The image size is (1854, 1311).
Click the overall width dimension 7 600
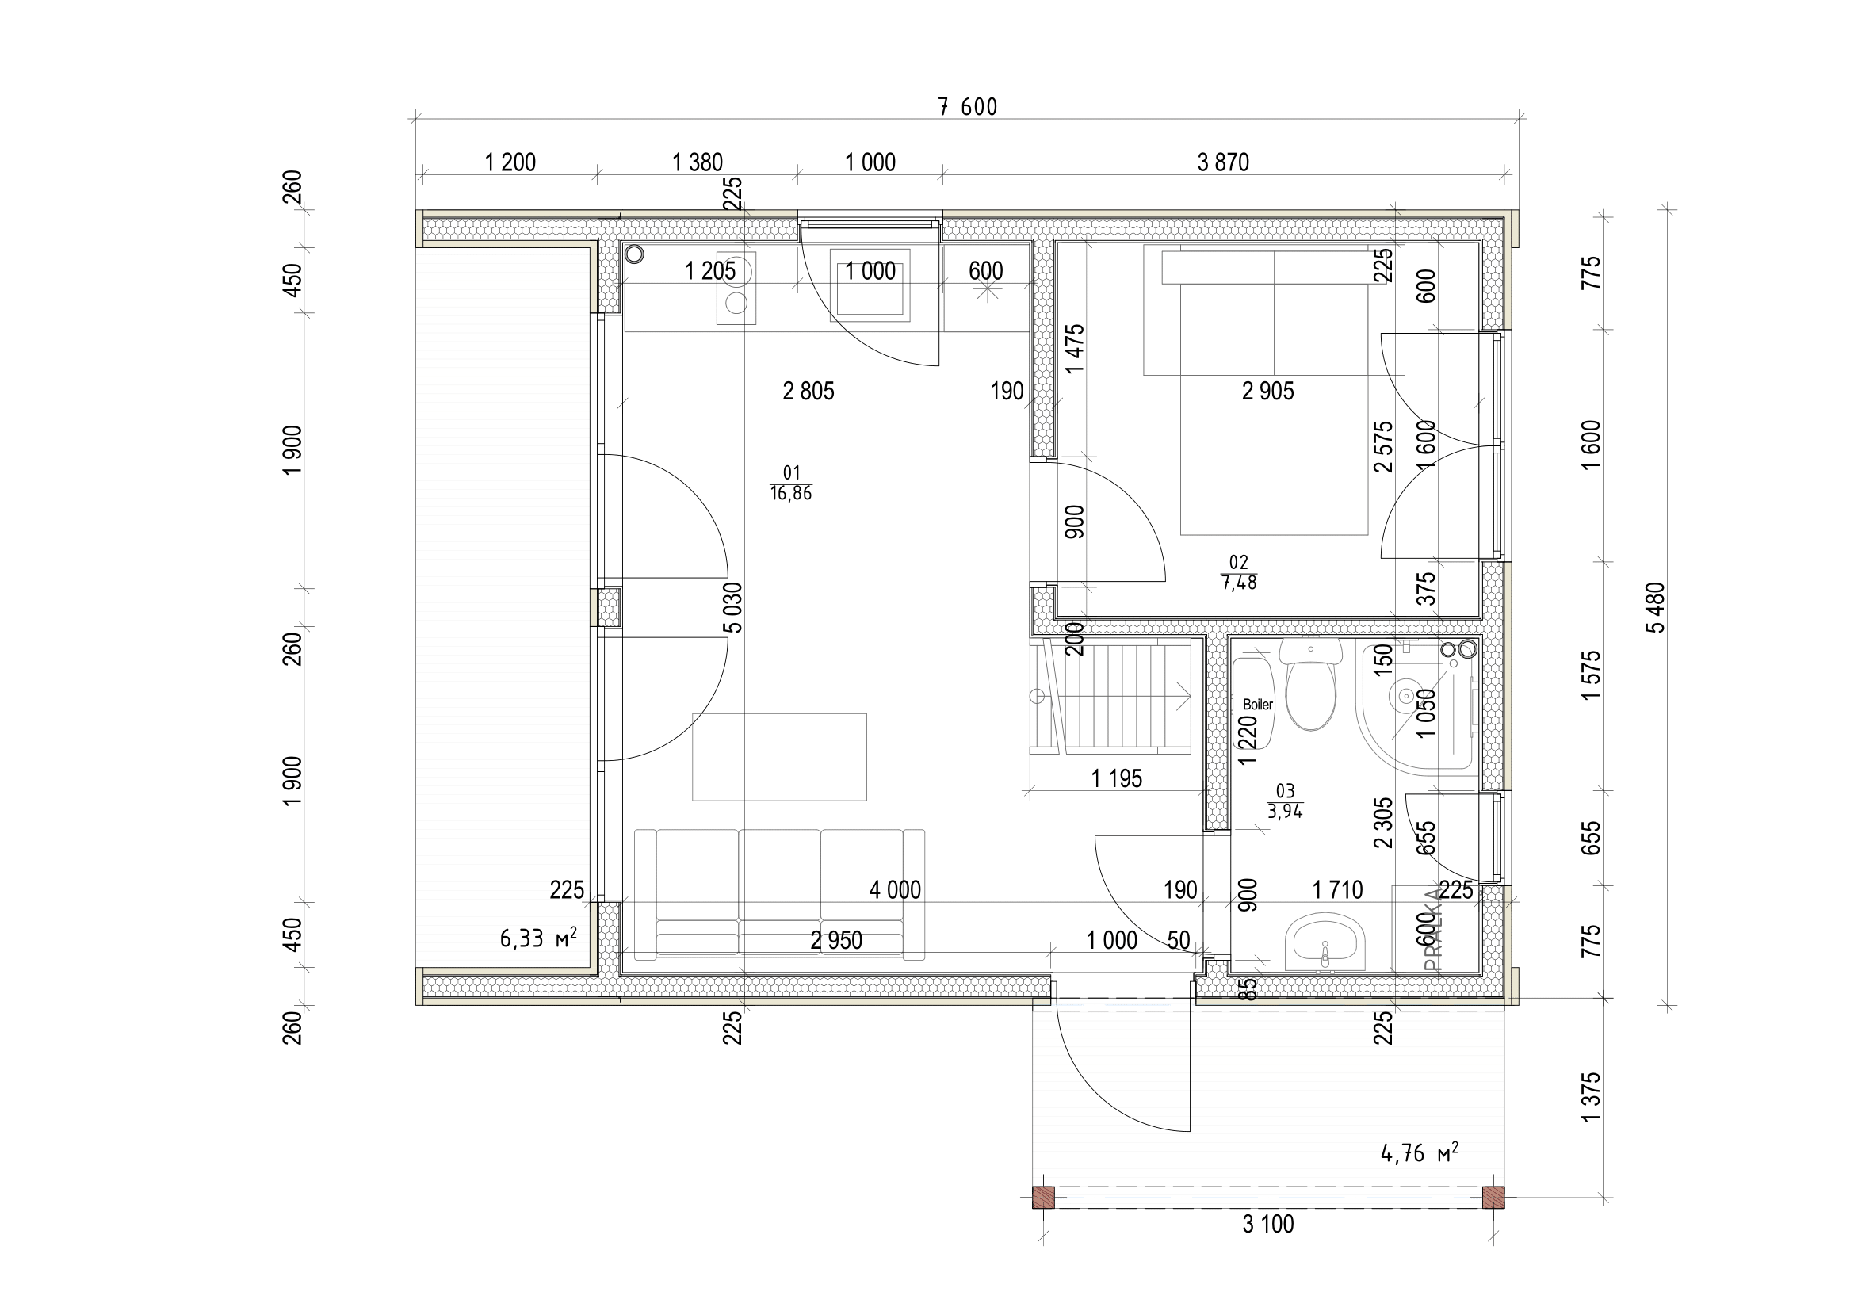[x=967, y=106]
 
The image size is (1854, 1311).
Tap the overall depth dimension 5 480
[x=1655, y=607]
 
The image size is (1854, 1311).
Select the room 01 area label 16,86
[x=790, y=493]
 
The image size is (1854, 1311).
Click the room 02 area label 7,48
[x=1239, y=582]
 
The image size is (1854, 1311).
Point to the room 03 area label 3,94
[x=1285, y=812]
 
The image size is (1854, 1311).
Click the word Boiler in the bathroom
[x=1257, y=704]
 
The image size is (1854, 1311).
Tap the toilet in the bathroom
[x=1310, y=690]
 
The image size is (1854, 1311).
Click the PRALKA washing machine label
[x=1433, y=928]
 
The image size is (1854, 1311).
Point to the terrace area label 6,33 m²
[x=537, y=937]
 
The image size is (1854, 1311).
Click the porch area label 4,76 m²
[x=1420, y=1152]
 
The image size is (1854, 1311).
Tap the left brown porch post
[x=1044, y=1197]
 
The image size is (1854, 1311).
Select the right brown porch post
[x=1494, y=1197]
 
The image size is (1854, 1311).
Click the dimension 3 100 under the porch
[x=1267, y=1225]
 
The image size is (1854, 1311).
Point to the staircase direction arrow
[x=1183, y=695]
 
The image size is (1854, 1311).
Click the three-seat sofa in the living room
[x=779, y=893]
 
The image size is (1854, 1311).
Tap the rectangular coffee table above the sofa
[x=779, y=756]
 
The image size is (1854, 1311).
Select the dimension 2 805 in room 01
[x=808, y=391]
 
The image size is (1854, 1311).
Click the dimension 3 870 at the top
[x=1222, y=162]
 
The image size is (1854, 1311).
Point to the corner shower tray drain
[x=1406, y=694]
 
